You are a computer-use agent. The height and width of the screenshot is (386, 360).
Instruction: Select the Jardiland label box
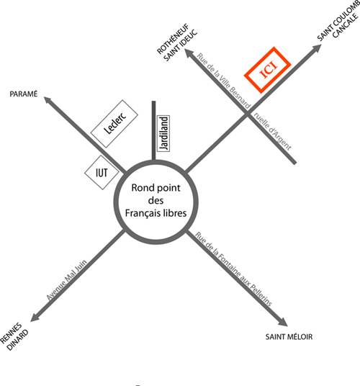[x=163, y=133]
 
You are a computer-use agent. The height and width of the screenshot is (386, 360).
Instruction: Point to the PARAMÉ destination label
[x=24, y=94]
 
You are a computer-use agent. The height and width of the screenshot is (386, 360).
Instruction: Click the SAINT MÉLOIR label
[x=289, y=336]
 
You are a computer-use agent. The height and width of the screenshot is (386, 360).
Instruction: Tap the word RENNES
[x=11, y=333]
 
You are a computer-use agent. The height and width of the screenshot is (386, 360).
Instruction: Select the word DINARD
[x=18, y=340]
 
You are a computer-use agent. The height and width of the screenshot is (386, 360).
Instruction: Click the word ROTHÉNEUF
[x=173, y=39]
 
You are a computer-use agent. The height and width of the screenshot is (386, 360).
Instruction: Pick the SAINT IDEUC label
[x=181, y=45]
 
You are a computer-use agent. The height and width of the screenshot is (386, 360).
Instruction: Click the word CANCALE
[x=346, y=25]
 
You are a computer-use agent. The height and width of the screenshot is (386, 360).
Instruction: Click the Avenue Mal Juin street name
[x=67, y=280]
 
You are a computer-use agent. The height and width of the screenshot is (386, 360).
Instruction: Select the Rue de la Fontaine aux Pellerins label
[x=233, y=269]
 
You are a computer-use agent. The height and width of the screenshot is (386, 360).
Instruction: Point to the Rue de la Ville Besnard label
[x=223, y=81]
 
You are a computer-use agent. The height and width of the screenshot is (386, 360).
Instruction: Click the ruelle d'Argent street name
[x=272, y=131]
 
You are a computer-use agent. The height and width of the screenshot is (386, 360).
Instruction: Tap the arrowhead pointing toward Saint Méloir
[x=283, y=322]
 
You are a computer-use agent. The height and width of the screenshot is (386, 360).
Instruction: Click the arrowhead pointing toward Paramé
[x=48, y=100]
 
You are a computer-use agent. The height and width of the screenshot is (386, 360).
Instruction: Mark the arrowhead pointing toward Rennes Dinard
[x=35, y=318]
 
